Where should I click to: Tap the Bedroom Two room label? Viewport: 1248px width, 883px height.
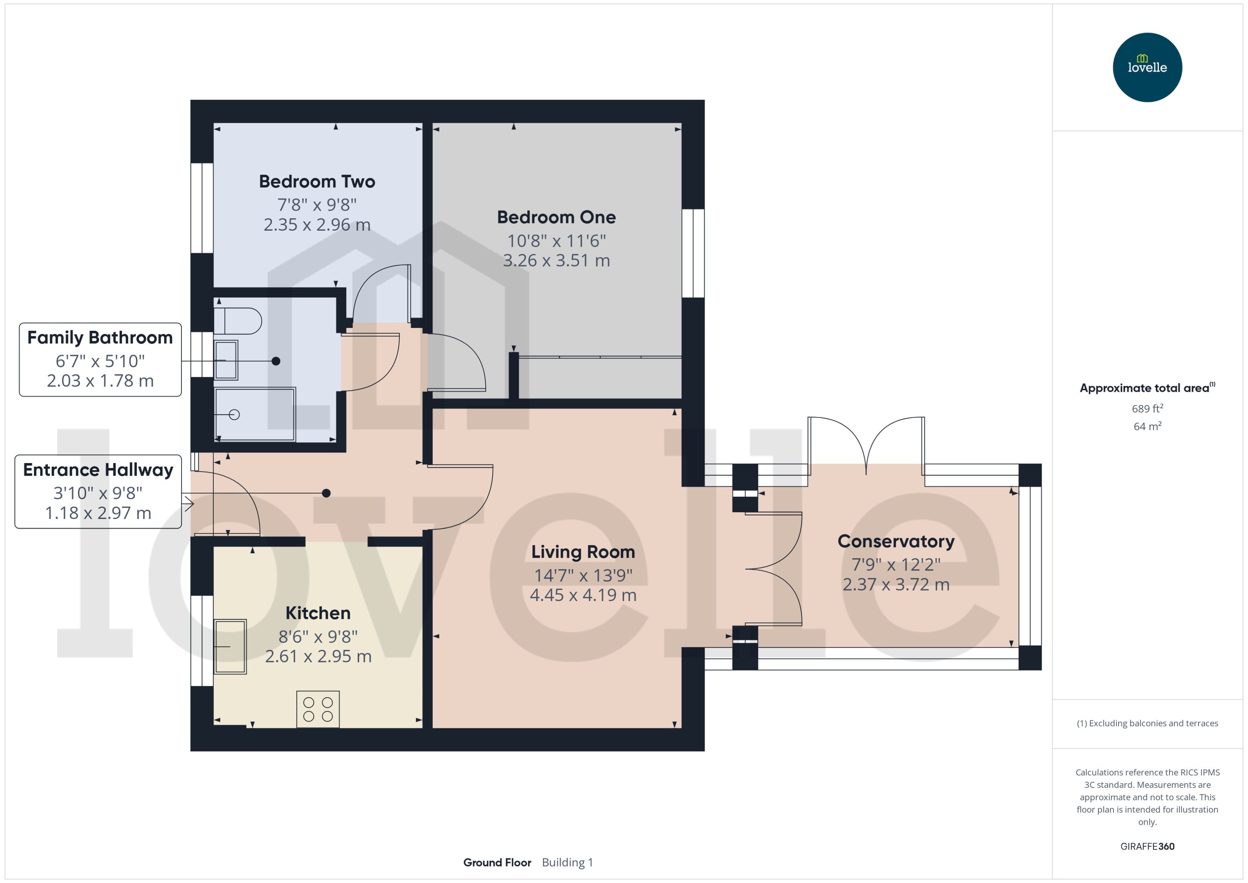(317, 181)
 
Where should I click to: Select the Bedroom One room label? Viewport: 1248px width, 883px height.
(556, 217)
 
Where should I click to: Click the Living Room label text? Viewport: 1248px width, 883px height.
(583, 552)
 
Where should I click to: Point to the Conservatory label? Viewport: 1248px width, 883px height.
(896, 541)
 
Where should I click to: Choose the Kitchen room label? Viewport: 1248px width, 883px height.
(318, 613)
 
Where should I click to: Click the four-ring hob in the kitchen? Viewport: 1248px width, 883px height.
(318, 709)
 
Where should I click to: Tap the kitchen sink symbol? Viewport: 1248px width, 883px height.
(230, 647)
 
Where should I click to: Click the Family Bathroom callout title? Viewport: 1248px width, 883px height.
(100, 338)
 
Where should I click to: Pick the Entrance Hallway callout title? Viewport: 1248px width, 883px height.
(98, 470)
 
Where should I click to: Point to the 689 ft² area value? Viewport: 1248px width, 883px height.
(1147, 408)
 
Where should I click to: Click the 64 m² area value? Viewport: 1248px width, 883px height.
(1147, 426)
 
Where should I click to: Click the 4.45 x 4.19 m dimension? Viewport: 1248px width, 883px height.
(583, 595)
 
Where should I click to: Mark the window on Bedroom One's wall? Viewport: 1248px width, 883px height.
(693, 253)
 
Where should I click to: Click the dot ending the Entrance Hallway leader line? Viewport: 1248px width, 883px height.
(326, 493)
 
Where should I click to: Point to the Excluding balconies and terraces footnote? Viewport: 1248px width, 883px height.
(1147, 723)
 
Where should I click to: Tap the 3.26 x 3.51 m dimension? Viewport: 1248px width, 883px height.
(556, 261)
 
